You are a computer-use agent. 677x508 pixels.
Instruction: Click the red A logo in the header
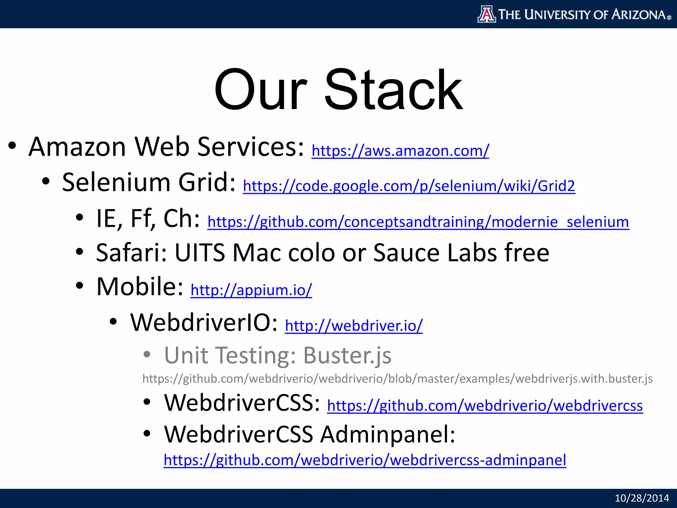point(487,14)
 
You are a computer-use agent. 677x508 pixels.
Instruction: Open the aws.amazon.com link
point(400,151)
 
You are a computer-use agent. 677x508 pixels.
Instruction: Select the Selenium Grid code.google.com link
point(409,186)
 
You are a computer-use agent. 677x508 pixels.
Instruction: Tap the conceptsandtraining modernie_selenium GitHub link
point(418,222)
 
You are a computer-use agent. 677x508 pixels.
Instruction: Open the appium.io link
point(251,290)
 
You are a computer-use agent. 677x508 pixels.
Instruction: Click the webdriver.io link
point(354,326)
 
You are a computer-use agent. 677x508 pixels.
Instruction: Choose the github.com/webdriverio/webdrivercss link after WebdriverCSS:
point(485,405)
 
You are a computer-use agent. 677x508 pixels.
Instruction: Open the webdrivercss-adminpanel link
point(365,460)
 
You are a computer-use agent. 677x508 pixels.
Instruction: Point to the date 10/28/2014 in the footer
point(642,498)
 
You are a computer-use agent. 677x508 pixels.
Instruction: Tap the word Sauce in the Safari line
point(407,253)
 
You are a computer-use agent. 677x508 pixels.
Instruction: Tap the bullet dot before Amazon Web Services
point(12,147)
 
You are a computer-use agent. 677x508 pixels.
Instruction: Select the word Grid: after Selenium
point(207,183)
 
